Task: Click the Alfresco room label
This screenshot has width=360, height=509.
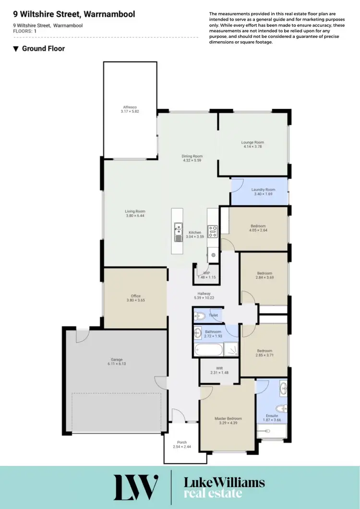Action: tap(130, 107)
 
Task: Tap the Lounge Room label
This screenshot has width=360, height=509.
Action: tap(252, 142)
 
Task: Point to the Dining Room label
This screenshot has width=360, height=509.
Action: tap(192, 156)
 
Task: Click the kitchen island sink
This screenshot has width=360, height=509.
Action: tap(178, 231)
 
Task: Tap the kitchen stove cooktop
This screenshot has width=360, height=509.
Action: tap(212, 231)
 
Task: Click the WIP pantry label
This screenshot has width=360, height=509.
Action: tap(207, 273)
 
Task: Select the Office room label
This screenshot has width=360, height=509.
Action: tap(135, 296)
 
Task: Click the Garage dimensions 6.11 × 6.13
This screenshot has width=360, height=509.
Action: tap(117, 365)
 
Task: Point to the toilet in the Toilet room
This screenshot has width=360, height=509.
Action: tap(201, 315)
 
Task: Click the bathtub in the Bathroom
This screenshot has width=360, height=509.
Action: tap(209, 349)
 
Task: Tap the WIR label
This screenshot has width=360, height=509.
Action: tap(220, 368)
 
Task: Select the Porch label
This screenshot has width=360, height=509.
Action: tap(181, 442)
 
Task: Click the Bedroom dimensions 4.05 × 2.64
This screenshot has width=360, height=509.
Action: tap(258, 231)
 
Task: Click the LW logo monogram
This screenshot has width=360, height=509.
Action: tap(136, 487)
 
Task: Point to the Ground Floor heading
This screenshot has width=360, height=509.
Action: tap(43, 48)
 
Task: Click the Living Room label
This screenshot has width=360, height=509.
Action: tap(135, 211)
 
